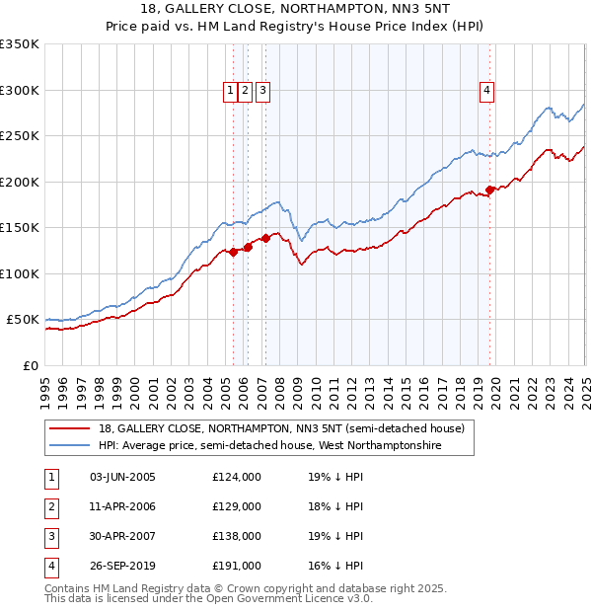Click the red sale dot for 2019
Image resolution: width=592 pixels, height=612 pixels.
click(490, 190)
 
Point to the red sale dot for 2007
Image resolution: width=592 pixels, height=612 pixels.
click(266, 238)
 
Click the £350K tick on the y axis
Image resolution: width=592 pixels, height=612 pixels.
click(20, 44)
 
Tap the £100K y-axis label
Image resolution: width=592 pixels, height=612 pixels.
click(20, 273)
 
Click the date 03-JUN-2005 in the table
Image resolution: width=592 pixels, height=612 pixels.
click(123, 477)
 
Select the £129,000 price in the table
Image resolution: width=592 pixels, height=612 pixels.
click(237, 506)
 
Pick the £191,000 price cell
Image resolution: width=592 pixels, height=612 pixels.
click(237, 566)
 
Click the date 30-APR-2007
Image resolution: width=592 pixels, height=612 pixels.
click(123, 536)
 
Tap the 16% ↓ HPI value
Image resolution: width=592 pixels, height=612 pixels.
click(335, 566)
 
